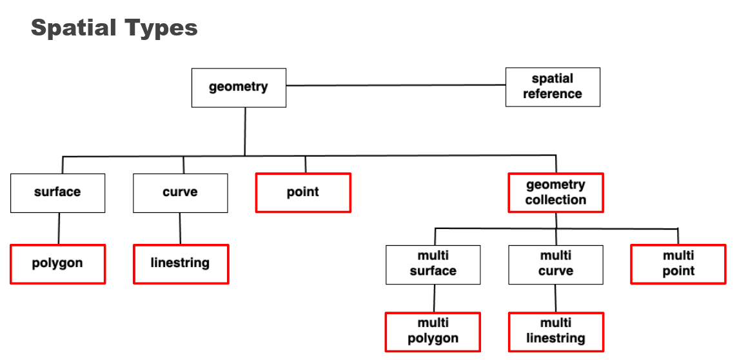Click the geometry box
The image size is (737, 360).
coord(239,87)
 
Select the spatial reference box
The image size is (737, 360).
coord(553,87)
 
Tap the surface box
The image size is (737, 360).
coord(57,193)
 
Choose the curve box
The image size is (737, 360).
coord(180,193)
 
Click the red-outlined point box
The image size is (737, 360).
coord(303,192)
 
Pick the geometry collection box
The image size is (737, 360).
coord(556,192)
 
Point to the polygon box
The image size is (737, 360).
coord(57,263)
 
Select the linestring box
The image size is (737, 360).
coord(181,263)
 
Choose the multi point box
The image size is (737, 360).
coord(678,264)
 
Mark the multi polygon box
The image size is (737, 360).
coord(433,332)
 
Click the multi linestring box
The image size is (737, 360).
coord(556,332)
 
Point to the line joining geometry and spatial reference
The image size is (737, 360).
coord(396,85)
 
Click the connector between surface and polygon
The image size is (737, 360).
coord(59,228)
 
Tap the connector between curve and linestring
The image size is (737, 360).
coord(181,228)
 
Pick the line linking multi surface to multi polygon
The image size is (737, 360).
coord(433,298)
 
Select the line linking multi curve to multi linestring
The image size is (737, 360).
coord(556,298)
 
